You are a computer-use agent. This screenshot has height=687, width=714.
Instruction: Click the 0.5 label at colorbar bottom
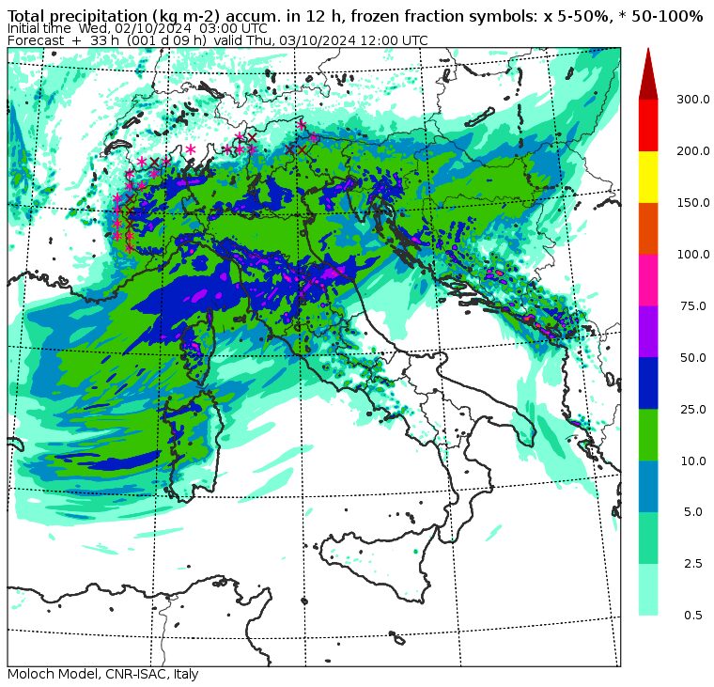[693, 616]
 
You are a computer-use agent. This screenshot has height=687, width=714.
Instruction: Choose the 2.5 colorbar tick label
[693, 564]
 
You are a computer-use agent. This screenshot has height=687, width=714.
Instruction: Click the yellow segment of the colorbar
[648, 176]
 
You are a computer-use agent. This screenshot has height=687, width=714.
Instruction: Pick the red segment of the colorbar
[648, 124]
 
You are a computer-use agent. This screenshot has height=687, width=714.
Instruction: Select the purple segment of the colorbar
[648, 331]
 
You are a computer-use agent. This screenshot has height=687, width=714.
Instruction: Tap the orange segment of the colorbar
[648, 227]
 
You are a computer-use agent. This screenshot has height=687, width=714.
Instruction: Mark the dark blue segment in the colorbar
[648, 383]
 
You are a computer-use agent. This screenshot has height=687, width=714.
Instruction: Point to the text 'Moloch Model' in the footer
[47, 675]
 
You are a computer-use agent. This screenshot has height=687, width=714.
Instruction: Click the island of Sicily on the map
[376, 550]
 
